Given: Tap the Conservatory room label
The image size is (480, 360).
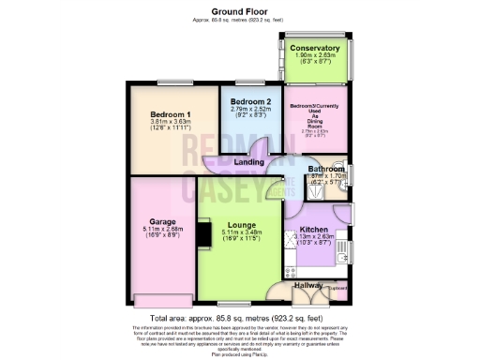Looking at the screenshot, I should point(314,47).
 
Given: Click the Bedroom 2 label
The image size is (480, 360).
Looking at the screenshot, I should point(251,100).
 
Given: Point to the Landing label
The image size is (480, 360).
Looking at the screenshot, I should point(248,162).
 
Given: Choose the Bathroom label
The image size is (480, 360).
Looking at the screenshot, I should point(326,169).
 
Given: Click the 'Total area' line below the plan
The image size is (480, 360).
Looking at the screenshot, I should point(240,316).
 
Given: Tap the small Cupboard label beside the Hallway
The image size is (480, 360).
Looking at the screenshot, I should point(338,288).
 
